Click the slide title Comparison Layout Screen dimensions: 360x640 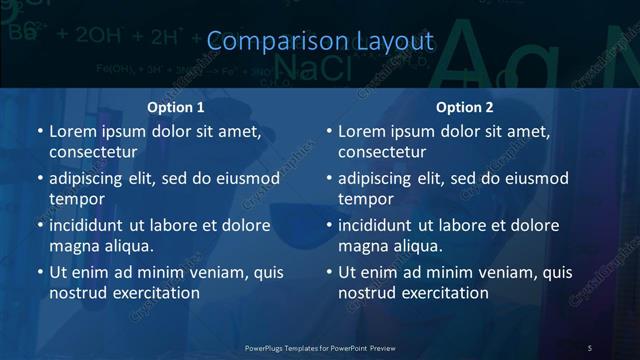pyautogui.click(x=320, y=41)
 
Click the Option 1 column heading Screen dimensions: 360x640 pyautogui.click(x=176, y=107)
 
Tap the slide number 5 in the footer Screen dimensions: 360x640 pyautogui.click(x=590, y=347)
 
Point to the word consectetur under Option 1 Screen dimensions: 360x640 pyautogui.click(x=93, y=152)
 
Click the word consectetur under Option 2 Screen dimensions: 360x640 pyautogui.click(x=382, y=152)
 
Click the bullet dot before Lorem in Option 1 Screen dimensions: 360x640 pyautogui.click(x=40, y=131)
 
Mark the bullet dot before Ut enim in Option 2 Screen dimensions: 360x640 pyautogui.click(x=329, y=272)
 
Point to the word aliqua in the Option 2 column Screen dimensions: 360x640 pyautogui.click(x=417, y=245)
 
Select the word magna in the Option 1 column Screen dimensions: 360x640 pyautogui.click(x=72, y=245)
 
